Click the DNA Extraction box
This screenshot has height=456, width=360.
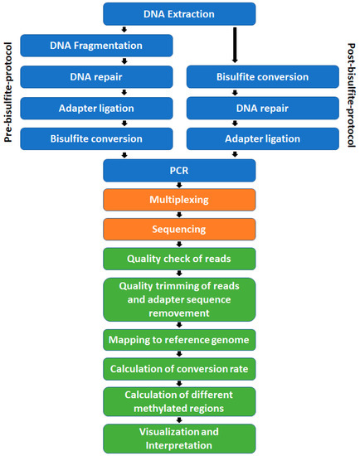[x=179, y=13]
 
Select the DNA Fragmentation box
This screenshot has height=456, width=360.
[x=96, y=46]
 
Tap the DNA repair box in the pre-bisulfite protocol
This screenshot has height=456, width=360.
[x=96, y=77]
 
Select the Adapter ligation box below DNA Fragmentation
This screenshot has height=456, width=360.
[x=96, y=108]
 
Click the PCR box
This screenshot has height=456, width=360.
[x=179, y=171]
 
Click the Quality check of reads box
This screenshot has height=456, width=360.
[x=179, y=258]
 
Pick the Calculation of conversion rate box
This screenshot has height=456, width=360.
[x=179, y=368]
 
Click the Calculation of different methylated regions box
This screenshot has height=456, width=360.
[x=179, y=400]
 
